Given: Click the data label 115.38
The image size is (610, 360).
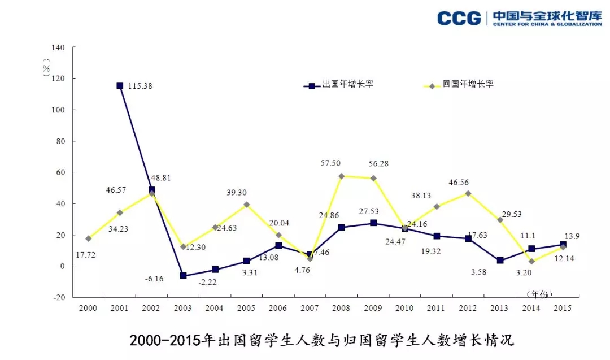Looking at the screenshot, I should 140,86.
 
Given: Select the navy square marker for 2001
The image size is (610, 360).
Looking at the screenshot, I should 120,85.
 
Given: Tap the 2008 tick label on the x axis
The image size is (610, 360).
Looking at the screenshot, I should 341,308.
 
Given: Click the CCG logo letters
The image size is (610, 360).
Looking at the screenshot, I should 459,18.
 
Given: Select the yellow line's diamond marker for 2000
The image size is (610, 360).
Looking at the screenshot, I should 88,238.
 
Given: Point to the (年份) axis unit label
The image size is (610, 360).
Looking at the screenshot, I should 539,294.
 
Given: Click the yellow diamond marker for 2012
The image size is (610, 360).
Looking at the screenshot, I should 468,193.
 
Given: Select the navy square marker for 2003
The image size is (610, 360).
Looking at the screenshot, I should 183,276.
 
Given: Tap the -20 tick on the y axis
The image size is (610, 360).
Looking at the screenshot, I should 59,297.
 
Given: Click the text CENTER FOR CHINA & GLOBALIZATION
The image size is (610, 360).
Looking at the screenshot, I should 547,24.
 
